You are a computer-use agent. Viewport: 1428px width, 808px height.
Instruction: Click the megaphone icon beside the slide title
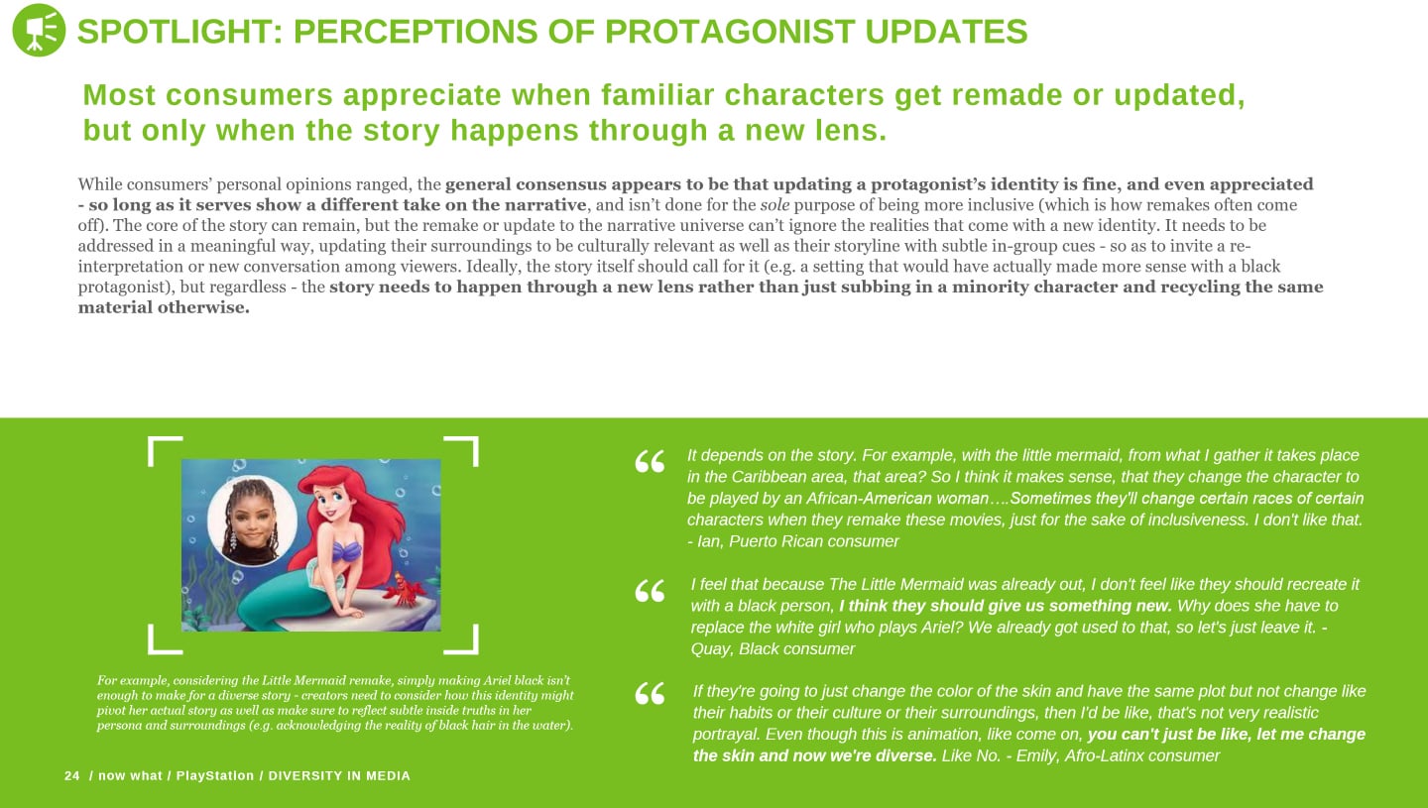point(39,30)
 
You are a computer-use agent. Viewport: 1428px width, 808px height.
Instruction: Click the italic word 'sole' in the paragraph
point(774,205)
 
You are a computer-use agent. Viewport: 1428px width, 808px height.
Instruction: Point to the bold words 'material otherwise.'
point(164,307)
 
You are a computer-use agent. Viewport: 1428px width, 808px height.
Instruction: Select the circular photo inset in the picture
point(253,521)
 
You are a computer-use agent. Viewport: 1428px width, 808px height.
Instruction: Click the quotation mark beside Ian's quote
point(650,461)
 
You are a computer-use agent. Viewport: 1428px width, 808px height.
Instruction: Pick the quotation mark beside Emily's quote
point(650,693)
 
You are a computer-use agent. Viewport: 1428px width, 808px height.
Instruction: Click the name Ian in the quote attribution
point(708,541)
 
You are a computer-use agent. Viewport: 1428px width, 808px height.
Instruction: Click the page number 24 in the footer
point(72,775)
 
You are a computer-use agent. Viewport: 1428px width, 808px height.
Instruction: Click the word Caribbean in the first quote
point(773,477)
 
